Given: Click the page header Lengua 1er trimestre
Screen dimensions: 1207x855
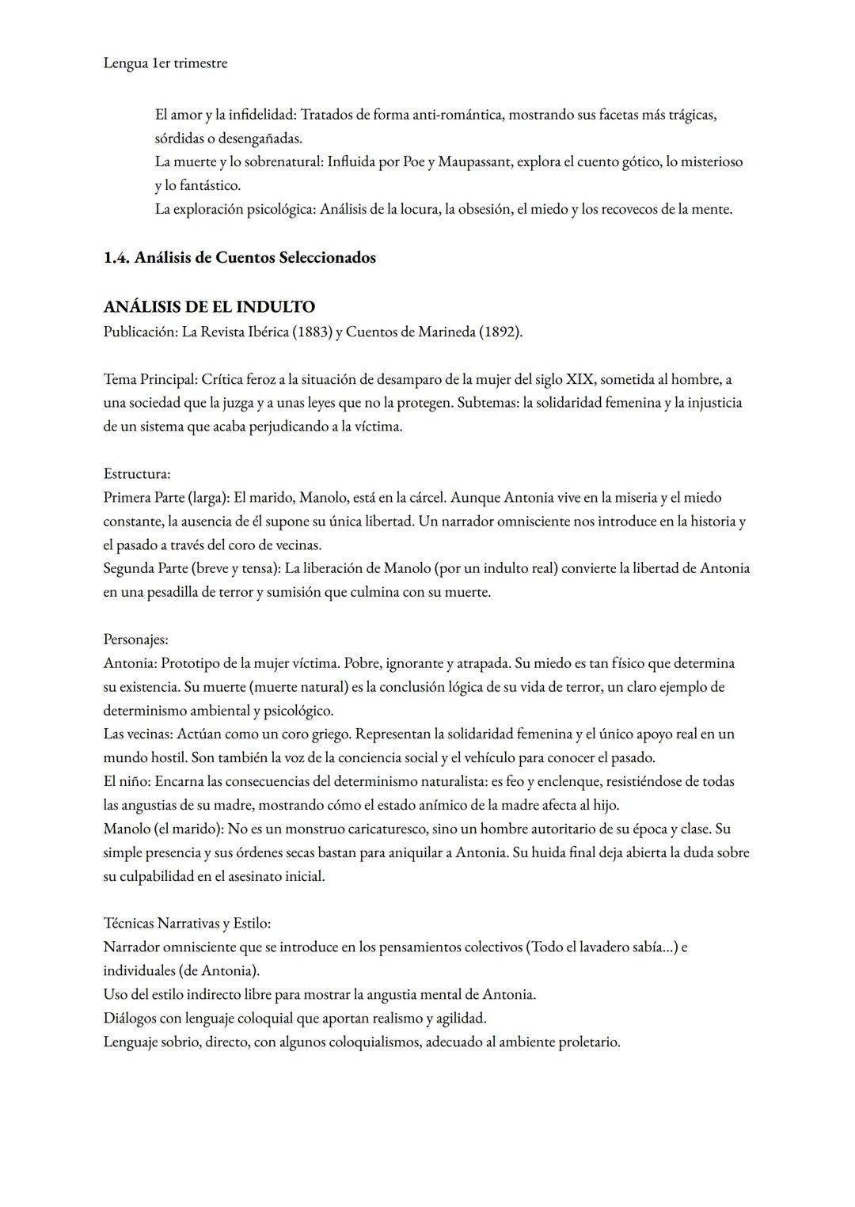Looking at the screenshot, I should (165, 63).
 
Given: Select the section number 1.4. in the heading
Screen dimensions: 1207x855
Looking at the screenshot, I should (116, 258).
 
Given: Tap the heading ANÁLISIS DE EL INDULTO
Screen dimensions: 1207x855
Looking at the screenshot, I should (209, 307).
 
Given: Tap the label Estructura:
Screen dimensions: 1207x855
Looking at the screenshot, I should (137, 474).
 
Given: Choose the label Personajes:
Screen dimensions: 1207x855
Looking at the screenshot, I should (135, 640).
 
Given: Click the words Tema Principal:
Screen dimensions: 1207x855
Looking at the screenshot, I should (150, 380).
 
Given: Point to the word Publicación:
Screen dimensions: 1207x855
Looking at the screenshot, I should (140, 332).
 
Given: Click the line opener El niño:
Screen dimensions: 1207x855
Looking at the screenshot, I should (127, 782).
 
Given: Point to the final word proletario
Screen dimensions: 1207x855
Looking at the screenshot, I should (589, 1042).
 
